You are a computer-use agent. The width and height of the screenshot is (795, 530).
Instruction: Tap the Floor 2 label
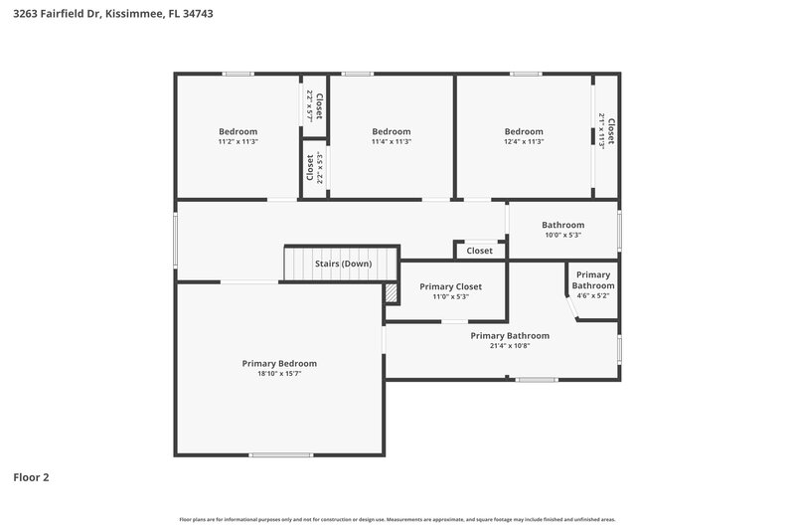pos(31,477)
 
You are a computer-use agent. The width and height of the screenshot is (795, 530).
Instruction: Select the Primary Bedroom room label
pos(279,363)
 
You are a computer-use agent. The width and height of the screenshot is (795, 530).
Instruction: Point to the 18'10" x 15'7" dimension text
pos(279,374)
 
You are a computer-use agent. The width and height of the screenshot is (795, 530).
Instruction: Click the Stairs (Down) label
pos(343,264)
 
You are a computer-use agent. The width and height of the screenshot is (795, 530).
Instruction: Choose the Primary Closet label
pos(450,286)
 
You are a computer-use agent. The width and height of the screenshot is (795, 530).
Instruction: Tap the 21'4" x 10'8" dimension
pos(510,346)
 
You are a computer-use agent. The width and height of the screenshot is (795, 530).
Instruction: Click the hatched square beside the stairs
pos(392,293)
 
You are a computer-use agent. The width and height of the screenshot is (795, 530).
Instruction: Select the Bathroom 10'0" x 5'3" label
pos(562,230)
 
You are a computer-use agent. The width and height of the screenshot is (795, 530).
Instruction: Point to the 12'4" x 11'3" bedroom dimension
pos(524,142)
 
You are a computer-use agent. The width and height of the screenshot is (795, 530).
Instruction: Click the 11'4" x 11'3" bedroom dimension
pos(392,142)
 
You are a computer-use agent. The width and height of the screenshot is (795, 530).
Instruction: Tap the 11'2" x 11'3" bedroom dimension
pos(238,142)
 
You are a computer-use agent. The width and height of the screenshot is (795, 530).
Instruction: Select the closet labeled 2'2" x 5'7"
pos(314,105)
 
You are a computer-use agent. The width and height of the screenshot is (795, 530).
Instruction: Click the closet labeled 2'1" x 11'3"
pos(606,132)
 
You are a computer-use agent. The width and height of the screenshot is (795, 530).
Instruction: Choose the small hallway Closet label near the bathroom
pos(479,251)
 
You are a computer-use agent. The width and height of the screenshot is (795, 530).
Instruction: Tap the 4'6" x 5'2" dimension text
pos(592,295)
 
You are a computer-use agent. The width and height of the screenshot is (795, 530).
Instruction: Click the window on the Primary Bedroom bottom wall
pos(281,455)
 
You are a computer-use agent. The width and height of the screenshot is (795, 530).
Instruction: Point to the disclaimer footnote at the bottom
pos(397,519)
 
